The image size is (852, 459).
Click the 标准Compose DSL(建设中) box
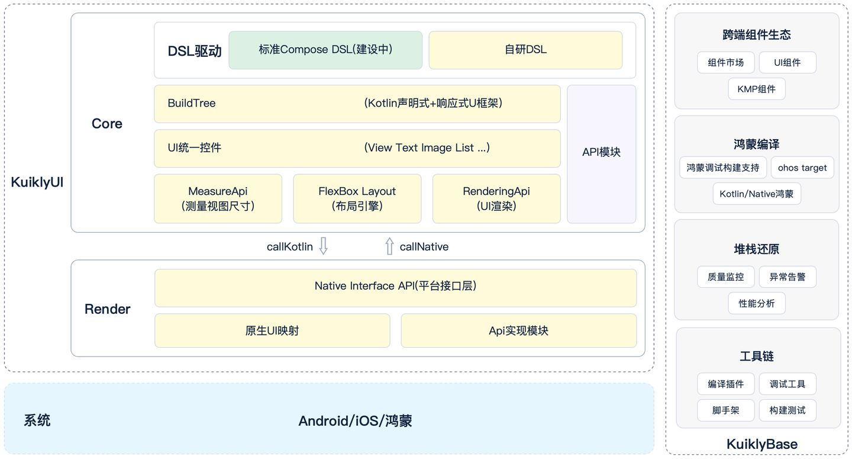pyautogui.click(x=325, y=50)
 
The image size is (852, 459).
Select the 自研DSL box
pyautogui.click(x=525, y=50)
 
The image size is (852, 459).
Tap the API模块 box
pyautogui.click(x=601, y=153)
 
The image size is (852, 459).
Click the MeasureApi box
pyautogui.click(x=218, y=198)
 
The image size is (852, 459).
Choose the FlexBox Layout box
pyautogui.click(x=357, y=198)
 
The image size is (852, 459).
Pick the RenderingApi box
pyautogui.click(x=496, y=198)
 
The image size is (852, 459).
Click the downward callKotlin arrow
pyautogui.click(x=323, y=246)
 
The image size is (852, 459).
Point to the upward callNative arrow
pyautogui.click(x=389, y=246)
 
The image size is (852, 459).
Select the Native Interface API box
pyautogui.click(x=395, y=287)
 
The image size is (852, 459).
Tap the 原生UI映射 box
pyautogui.click(x=272, y=330)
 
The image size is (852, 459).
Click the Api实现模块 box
pyautogui.click(x=518, y=330)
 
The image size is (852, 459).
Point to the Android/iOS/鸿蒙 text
pyautogui.click(x=355, y=421)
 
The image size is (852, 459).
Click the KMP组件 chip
pyautogui.click(x=756, y=89)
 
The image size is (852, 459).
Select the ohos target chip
pyautogui.click(x=802, y=168)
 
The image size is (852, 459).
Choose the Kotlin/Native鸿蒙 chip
pyautogui.click(x=756, y=194)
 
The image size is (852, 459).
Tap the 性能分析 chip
pyautogui.click(x=756, y=303)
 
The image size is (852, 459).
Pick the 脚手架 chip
pyautogui.click(x=726, y=410)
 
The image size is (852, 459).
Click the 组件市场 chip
pyautogui.click(x=726, y=62)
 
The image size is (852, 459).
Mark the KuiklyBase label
pyautogui.click(x=761, y=444)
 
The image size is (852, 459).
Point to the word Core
pyautogui.click(x=107, y=124)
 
